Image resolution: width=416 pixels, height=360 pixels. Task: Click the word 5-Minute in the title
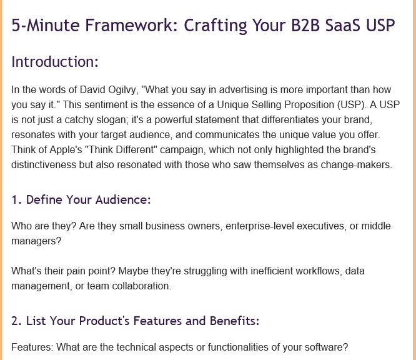click(x=46, y=25)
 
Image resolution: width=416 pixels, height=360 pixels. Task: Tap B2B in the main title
click(x=305, y=25)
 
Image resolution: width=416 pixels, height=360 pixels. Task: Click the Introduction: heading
click(x=55, y=62)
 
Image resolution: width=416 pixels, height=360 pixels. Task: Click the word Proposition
click(x=309, y=105)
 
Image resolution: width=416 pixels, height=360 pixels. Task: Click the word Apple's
click(x=66, y=150)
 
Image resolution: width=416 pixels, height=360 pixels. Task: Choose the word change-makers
click(x=356, y=165)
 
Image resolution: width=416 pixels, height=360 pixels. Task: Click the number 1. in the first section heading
click(x=16, y=199)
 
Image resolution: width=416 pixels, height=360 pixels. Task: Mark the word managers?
click(x=36, y=241)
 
